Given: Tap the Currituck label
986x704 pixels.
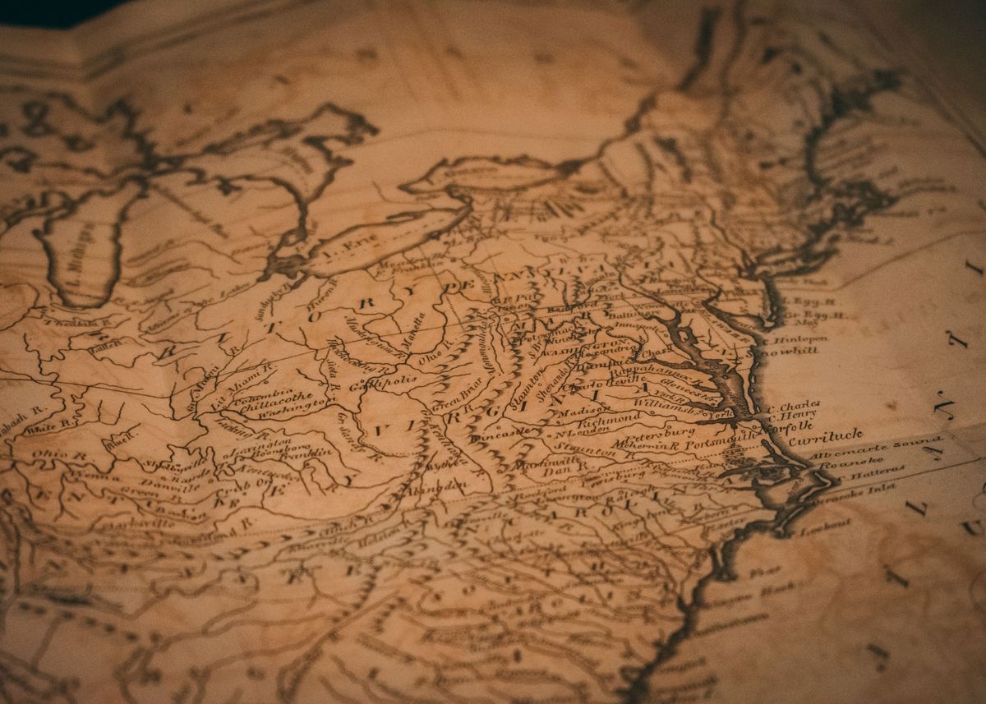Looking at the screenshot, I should click(x=825, y=437).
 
